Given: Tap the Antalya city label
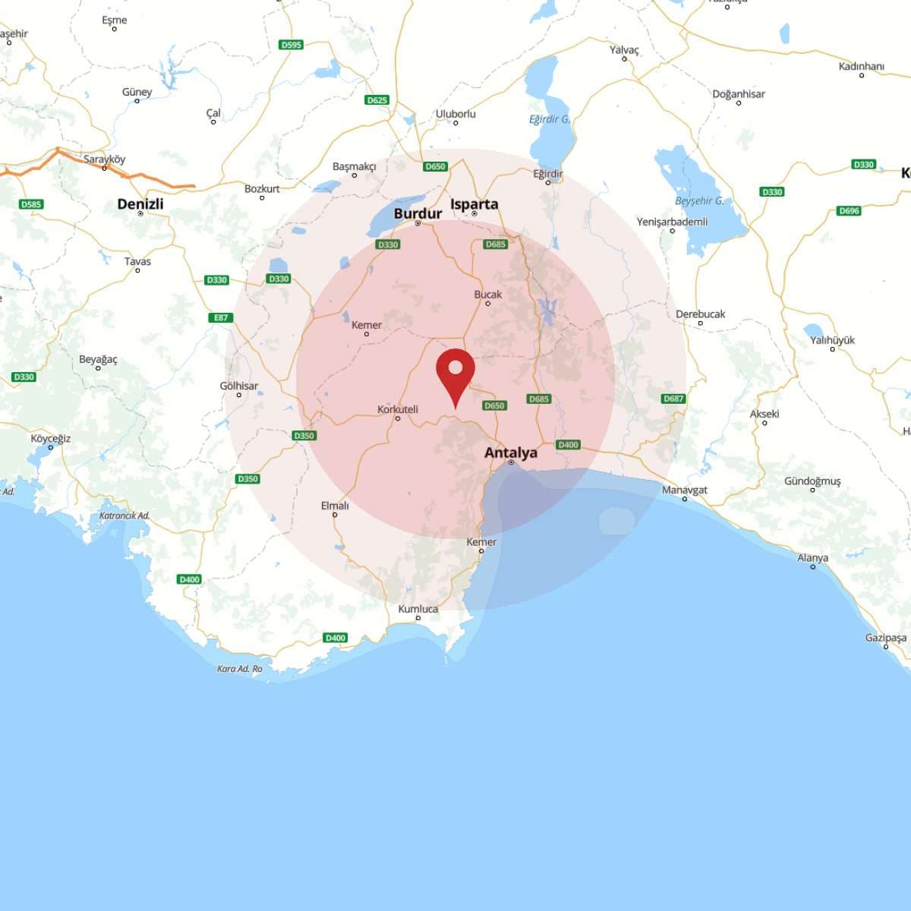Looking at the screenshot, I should coord(511,452).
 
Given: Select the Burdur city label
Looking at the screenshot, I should coord(418,213).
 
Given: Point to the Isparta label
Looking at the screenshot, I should coord(474,204).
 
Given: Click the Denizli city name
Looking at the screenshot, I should coord(140,204).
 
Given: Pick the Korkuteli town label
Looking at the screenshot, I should coord(398,409).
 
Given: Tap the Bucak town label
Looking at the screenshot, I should coord(488,295).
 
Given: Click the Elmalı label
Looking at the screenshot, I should coord(335,506).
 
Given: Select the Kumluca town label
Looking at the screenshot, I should coord(418,609).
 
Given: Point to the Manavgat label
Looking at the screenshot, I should coord(684,490).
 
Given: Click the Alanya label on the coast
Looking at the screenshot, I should coord(812,558).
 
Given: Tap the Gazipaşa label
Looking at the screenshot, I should coord(885,638).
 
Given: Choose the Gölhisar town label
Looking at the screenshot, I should coord(239,386).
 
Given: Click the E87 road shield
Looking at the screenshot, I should coord(221,317).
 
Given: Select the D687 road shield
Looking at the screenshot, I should coord(673,399).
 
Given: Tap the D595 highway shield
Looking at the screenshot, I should coord(292,45).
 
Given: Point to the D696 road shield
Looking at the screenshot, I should coord(849,210).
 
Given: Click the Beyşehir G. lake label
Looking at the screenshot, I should coord(699,201).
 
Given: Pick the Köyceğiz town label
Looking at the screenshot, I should coord(51,438).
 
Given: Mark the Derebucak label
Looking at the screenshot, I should coord(700,314).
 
